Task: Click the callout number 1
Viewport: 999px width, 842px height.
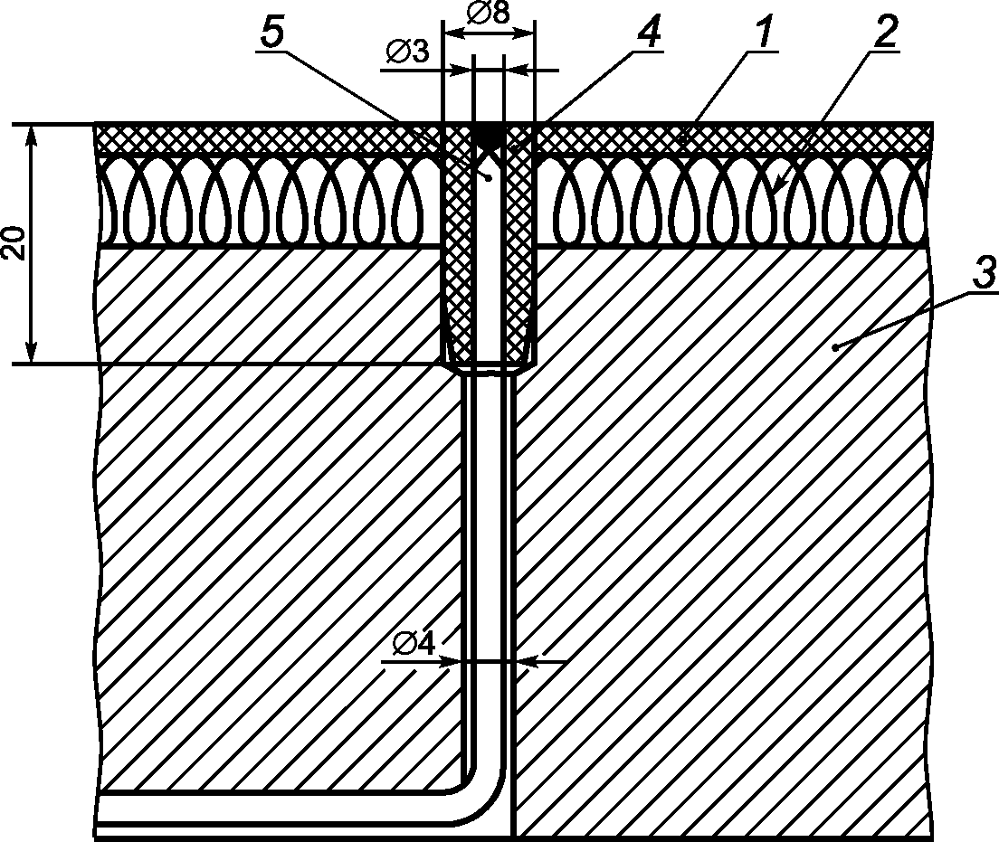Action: click(763, 33)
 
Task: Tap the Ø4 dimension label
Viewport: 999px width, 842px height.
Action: click(415, 644)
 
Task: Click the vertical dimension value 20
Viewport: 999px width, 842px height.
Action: click(15, 243)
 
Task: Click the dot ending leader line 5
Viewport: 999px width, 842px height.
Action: click(488, 178)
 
